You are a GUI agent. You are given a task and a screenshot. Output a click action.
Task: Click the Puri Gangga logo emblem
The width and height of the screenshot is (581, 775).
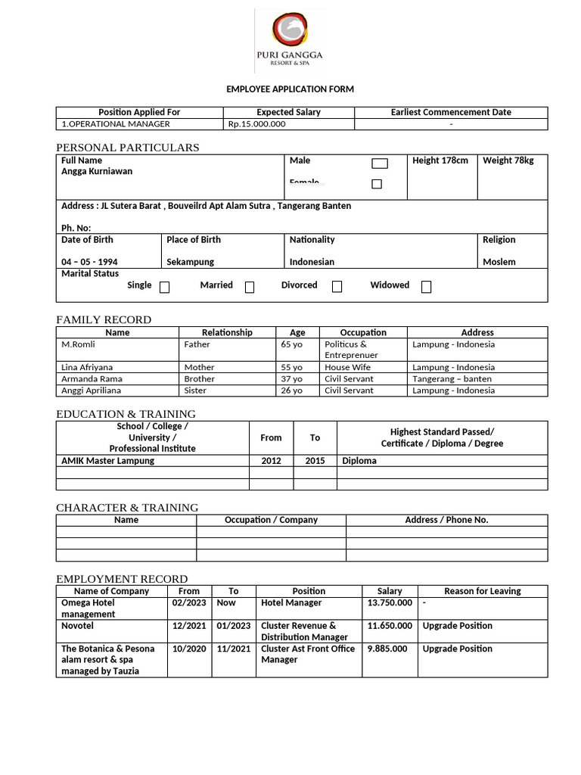tap(290, 30)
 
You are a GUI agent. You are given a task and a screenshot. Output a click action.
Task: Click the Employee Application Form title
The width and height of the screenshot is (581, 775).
tap(290, 89)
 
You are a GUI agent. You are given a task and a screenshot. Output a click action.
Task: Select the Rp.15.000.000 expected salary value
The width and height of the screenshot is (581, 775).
tap(256, 124)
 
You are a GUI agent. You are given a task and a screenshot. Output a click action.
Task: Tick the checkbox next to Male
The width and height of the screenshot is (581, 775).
tap(380, 163)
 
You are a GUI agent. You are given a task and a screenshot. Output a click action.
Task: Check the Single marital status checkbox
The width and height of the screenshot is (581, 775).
tap(165, 287)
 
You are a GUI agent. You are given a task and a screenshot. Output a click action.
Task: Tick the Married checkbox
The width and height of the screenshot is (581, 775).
tap(250, 287)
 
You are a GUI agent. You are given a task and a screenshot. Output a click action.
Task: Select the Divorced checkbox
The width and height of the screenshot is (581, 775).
tap(337, 287)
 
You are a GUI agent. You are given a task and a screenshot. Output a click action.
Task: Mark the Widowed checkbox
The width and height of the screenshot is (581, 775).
tap(427, 287)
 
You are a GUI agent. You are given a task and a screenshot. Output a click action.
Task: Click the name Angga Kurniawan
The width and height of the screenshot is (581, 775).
tap(97, 171)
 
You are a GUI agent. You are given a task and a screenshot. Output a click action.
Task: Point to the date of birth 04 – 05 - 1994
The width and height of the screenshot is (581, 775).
tap(89, 262)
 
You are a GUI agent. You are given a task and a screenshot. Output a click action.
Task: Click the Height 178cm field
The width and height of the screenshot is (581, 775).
tap(440, 160)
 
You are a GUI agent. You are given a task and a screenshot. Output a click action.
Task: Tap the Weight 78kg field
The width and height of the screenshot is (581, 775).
tap(508, 160)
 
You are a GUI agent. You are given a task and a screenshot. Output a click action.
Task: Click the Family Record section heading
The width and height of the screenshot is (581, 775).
tap(104, 319)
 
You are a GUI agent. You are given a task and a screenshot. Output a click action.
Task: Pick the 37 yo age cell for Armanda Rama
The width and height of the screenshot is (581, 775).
tap(291, 378)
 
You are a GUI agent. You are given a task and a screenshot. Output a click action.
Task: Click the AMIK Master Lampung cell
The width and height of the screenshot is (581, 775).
tap(107, 460)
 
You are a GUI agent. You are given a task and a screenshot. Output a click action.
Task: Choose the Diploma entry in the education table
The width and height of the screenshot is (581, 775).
tap(359, 460)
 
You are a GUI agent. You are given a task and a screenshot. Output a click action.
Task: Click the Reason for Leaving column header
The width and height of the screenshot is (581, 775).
tap(482, 591)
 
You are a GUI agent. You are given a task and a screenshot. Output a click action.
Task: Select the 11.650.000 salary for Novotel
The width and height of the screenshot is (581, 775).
tap(390, 626)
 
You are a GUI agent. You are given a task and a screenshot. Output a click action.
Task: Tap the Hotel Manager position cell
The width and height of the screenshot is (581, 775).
tap(291, 603)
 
